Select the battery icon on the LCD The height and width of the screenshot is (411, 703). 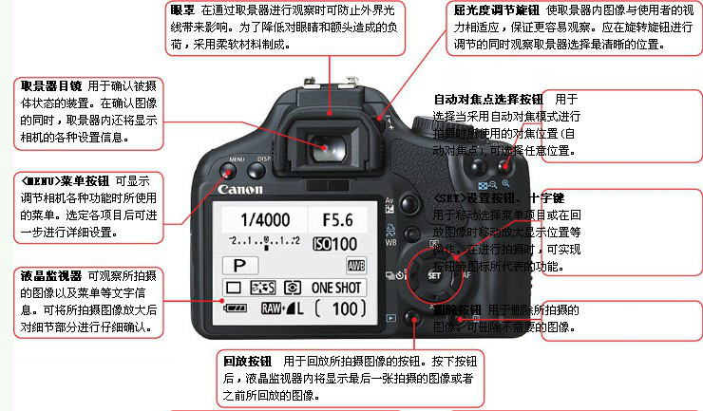[234, 308]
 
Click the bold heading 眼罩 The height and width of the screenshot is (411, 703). [182, 9]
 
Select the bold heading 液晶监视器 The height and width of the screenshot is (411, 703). [48, 276]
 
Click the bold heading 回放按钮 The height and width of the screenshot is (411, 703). [248, 362]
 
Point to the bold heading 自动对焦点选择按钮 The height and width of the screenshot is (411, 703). [488, 99]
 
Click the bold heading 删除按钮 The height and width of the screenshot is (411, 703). [457, 310]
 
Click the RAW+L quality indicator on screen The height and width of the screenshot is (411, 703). [282, 308]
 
